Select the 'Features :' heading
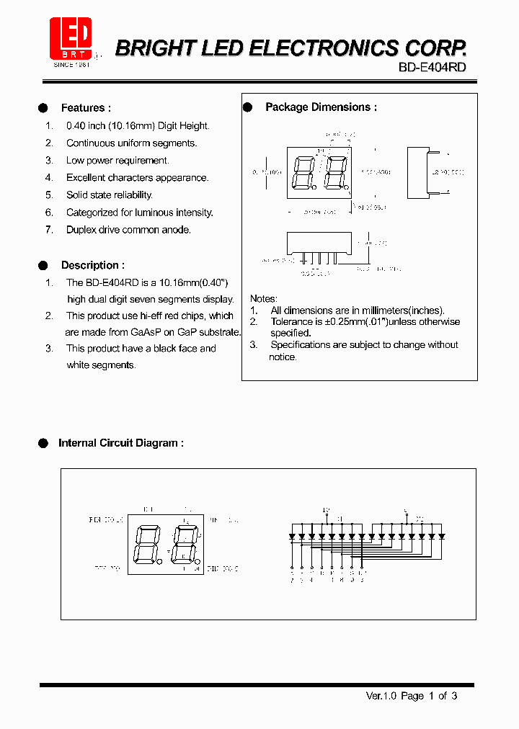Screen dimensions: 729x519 tap(86, 108)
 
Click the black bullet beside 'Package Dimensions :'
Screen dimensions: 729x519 tap(247, 107)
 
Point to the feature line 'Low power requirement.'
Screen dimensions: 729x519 tap(117, 161)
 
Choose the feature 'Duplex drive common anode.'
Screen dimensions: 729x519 tap(128, 230)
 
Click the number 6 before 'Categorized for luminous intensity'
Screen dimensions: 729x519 tap(49, 213)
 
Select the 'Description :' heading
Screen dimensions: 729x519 tap(92, 265)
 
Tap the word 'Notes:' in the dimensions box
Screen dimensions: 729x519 tap(263, 298)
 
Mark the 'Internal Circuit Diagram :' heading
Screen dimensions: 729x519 tap(120, 443)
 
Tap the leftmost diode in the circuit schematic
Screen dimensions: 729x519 tap(292, 537)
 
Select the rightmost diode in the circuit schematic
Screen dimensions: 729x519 tap(442, 537)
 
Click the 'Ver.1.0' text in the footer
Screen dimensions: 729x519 tap(381, 696)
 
